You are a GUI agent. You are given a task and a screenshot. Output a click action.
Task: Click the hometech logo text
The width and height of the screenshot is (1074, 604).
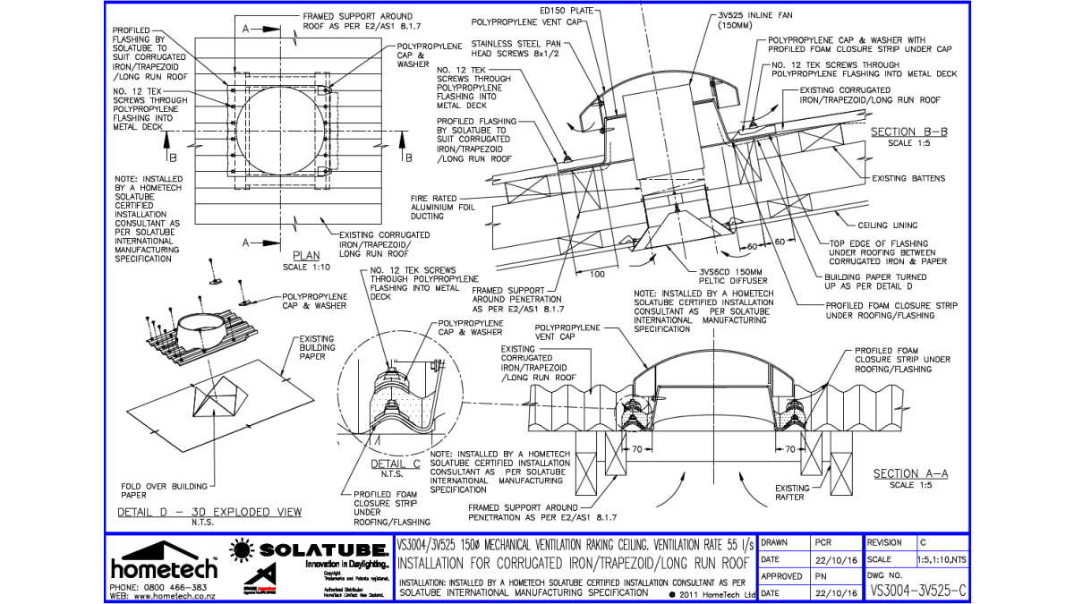tap(164, 569)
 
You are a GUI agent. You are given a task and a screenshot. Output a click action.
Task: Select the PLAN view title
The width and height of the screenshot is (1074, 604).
tap(306, 256)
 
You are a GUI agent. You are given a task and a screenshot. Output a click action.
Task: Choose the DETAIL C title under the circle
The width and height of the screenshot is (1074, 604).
tap(396, 464)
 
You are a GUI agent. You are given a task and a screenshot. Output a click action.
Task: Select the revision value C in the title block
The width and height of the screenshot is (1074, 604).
tap(923, 542)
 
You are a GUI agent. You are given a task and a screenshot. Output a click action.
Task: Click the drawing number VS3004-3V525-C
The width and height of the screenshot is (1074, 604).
tap(918, 591)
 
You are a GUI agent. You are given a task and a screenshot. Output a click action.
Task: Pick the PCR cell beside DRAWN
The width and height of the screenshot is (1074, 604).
tap(824, 542)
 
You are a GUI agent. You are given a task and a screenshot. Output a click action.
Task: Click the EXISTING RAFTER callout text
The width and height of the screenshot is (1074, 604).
tap(791, 493)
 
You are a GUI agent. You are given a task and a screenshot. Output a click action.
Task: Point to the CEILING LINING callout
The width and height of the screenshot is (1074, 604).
tap(887, 225)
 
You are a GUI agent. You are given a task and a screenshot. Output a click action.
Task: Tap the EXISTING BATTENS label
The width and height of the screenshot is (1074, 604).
tap(908, 178)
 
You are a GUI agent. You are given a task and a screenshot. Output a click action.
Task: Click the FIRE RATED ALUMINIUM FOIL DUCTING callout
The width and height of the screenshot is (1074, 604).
tap(439, 207)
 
